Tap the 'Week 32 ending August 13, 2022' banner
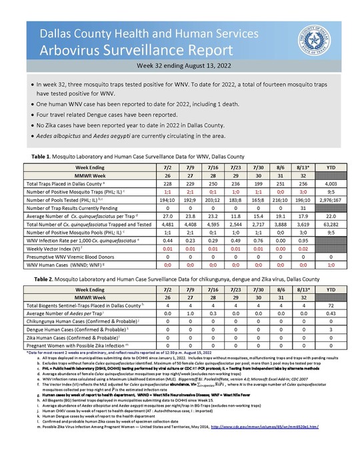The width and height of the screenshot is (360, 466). tap(179, 67)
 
